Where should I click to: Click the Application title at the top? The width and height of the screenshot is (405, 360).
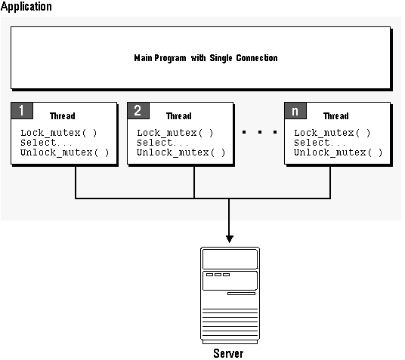coord(26,7)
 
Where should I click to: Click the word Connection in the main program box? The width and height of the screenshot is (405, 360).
coord(257,58)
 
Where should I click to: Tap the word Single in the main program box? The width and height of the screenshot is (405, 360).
coord(221,58)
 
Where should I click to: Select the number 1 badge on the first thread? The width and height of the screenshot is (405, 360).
coord(22,111)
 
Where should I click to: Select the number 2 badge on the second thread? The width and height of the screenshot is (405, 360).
coord(138,111)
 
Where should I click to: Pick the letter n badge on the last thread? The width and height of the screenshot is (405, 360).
coord(295,111)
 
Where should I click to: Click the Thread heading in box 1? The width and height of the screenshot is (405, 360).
coord(63,116)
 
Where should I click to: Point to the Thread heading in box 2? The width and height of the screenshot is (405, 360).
coord(179,116)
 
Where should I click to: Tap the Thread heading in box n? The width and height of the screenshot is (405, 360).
coord(335,116)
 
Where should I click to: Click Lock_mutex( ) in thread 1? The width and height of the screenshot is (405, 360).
coord(59,133)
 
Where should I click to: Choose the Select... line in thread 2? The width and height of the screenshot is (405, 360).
coord(162,143)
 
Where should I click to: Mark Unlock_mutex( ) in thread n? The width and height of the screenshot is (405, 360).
coord(338,152)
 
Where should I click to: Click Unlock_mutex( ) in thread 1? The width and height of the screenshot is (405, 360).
coord(64,152)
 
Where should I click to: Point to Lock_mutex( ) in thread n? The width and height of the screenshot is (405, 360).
coord(332,133)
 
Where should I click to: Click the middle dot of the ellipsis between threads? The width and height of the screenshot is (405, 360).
coord(260,132)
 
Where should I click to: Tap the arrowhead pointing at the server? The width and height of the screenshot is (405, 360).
coord(230,239)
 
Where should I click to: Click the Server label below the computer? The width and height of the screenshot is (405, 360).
coord(228,353)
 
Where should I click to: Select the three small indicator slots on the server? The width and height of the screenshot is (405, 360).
coord(218,275)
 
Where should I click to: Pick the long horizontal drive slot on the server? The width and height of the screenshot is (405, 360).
coord(241,294)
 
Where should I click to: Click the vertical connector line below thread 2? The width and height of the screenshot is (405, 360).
coord(194,182)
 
